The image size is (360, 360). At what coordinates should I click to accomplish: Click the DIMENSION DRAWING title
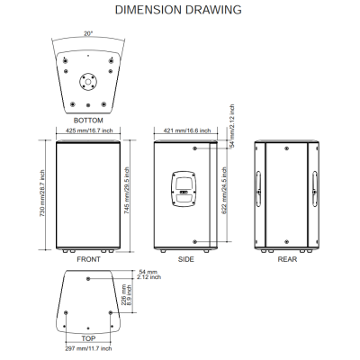pos(178,10)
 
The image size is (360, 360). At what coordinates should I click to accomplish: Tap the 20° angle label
pos(88,33)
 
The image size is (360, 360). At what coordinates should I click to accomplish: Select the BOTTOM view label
pos(88,121)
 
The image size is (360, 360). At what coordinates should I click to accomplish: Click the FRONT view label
pos(88,259)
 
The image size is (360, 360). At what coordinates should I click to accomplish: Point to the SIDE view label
pos(186,259)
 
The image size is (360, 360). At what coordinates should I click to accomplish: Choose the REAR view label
pos(287,259)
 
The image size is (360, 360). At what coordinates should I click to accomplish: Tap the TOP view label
pos(88,338)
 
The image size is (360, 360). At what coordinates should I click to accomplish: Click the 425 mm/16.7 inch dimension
pos(89,130)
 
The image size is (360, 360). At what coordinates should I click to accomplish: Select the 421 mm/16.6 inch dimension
pos(187,130)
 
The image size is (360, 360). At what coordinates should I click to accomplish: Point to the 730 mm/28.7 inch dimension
pos(42,193)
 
